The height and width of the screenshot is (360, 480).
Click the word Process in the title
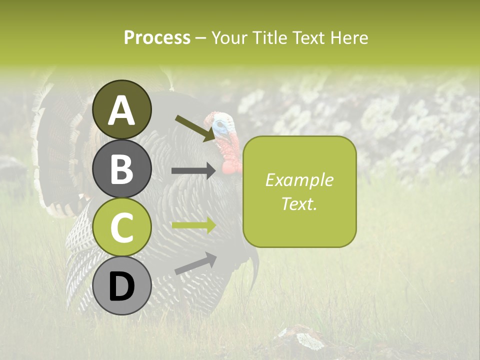(157, 37)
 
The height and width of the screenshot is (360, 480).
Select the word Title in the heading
(269, 37)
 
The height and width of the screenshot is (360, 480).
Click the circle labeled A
(122, 109)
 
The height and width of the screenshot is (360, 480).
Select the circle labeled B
(122, 169)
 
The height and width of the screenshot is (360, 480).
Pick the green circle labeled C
(122, 227)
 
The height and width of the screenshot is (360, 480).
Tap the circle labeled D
(122, 286)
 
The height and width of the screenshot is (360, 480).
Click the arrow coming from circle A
(195, 128)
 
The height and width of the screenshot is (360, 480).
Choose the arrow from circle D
(195, 263)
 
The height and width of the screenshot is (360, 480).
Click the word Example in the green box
(299, 180)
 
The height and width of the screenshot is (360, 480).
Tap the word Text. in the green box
(299, 203)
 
